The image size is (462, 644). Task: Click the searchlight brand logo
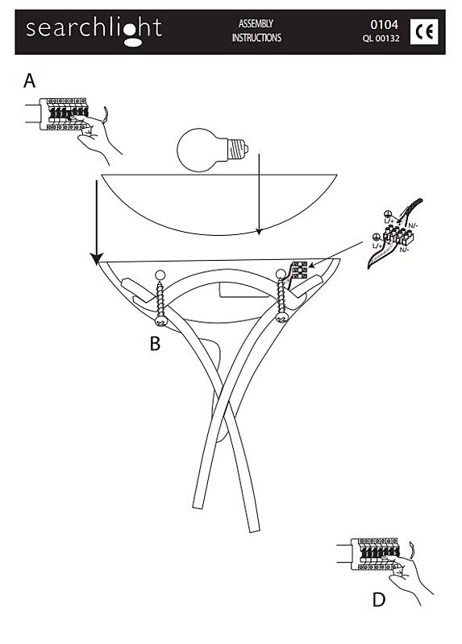point(94,31)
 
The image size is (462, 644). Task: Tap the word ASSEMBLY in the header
point(256,24)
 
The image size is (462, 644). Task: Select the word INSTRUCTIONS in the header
point(256,38)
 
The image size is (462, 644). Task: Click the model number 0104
point(385,25)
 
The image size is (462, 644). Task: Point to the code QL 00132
point(381,39)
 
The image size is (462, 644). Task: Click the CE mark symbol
point(424,31)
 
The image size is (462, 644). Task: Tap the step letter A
point(29,81)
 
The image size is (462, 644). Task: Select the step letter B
point(155,344)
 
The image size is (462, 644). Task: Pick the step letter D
point(378,600)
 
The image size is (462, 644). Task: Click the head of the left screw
point(160,320)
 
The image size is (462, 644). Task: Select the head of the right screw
point(281,317)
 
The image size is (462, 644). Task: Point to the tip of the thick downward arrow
point(97,264)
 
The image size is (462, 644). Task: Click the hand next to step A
point(97,138)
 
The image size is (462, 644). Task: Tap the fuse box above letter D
point(375,554)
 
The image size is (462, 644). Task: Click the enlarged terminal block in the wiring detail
point(397,237)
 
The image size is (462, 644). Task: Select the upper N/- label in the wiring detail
point(413,225)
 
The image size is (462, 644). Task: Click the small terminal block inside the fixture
point(299,270)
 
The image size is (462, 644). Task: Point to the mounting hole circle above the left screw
point(160,275)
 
